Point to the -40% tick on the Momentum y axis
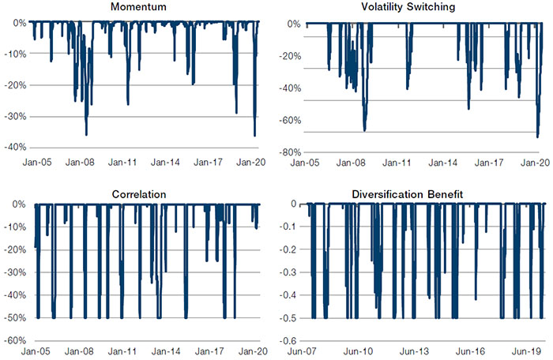point(16,148)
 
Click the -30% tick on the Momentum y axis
point(16,116)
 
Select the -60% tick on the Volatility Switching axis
point(292,120)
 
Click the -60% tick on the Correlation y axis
point(16,340)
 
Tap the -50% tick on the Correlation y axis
point(16,317)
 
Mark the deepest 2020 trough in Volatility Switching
point(537,137)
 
